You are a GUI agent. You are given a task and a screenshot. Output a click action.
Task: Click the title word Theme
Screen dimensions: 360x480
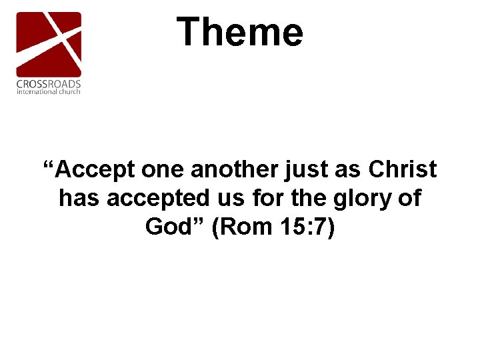239,32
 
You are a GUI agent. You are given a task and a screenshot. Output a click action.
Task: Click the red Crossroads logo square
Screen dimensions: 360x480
49,43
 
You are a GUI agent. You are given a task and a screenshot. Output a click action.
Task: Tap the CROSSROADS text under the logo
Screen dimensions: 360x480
49,83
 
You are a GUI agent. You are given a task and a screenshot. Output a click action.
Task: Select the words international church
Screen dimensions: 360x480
49,91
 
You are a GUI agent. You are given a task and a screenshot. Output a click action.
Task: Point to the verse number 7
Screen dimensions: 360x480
319,227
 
